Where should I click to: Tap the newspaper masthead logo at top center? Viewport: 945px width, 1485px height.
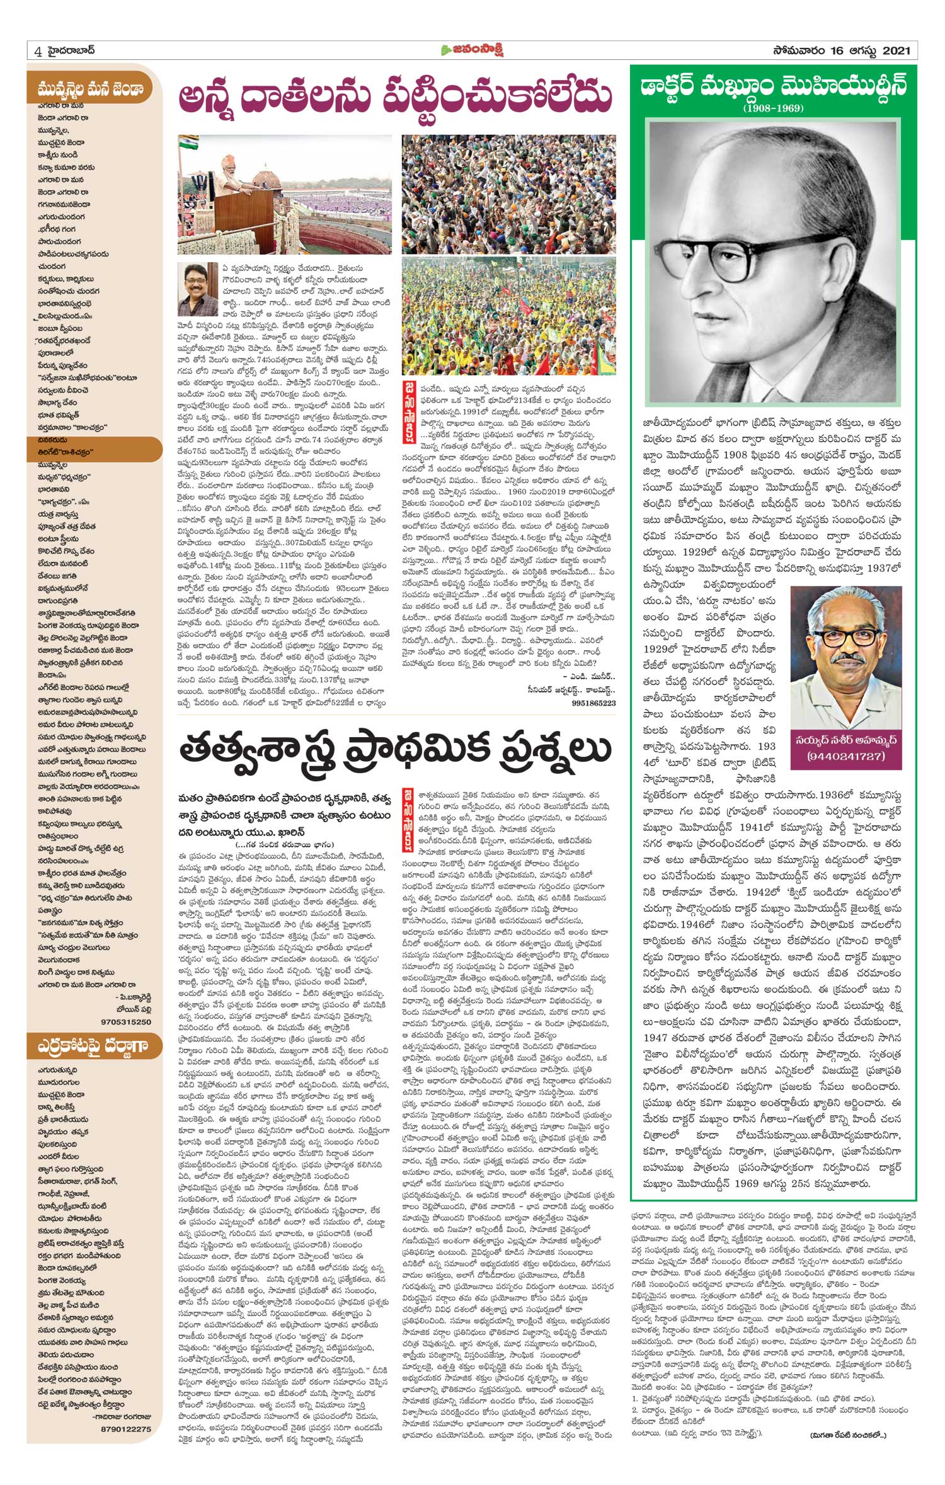[472, 50]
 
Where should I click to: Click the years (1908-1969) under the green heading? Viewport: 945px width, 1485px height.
[773, 108]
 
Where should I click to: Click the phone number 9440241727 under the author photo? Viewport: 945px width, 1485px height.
[846, 755]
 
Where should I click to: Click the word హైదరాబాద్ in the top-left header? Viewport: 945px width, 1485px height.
[74, 50]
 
